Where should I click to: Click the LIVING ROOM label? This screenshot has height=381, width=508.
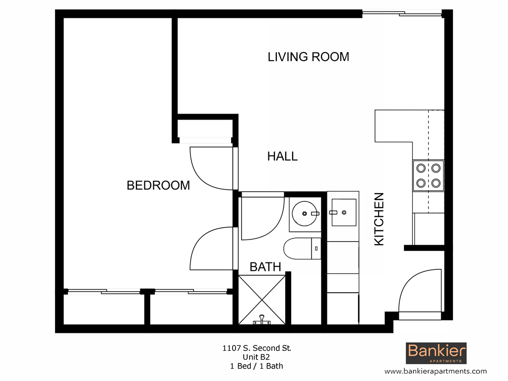point(308,57)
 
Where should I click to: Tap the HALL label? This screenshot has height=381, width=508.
point(282,156)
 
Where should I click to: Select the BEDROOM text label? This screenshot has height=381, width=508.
point(158,186)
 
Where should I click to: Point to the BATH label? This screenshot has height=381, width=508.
point(265,267)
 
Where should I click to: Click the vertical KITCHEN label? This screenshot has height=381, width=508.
point(379,219)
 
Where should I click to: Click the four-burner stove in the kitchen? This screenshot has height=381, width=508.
point(428,176)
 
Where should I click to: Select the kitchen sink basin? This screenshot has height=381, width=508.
point(343,212)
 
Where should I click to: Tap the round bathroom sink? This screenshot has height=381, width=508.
point(305,214)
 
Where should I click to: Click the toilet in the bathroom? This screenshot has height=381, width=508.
point(298,248)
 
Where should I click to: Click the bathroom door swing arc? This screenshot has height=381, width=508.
point(262,218)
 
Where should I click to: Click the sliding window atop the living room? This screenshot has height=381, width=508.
point(402,13)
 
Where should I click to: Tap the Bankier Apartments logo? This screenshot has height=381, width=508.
point(437,353)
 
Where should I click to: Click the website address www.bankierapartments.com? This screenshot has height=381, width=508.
point(436,371)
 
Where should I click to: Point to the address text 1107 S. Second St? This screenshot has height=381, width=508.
point(256,348)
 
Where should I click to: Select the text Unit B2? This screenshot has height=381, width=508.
point(256,357)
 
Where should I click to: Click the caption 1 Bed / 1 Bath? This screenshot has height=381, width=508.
point(256,366)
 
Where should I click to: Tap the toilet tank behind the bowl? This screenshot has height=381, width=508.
point(316,248)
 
